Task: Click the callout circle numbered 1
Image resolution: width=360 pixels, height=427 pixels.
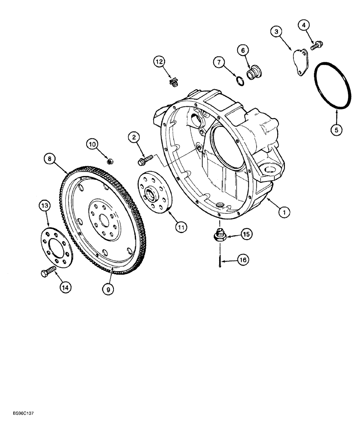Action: click(x=284, y=211)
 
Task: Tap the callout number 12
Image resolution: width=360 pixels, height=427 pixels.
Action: click(x=160, y=62)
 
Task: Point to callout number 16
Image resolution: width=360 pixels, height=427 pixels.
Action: click(x=243, y=260)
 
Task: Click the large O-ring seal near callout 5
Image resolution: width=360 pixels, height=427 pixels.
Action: click(x=333, y=85)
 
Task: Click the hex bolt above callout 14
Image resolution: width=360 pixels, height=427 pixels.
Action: click(x=47, y=272)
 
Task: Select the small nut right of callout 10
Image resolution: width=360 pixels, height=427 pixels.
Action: click(x=109, y=161)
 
